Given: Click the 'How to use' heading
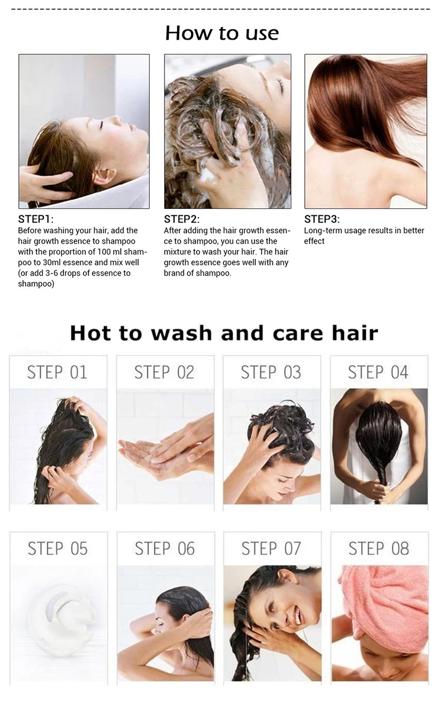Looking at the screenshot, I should click(x=222, y=33).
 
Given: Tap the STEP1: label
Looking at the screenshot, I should click(x=37, y=219).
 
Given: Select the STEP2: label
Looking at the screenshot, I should click(x=182, y=219).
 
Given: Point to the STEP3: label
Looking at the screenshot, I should click(x=322, y=219).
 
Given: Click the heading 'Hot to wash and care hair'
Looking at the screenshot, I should click(x=223, y=332).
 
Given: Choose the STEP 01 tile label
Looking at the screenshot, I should click(x=57, y=373).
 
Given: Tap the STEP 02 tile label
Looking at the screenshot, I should click(x=164, y=373).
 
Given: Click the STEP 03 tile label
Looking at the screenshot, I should click(x=271, y=373).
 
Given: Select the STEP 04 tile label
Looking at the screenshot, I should click(x=378, y=373).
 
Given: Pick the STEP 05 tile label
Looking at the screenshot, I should click(x=57, y=549).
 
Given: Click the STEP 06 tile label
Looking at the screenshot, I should click(x=165, y=549).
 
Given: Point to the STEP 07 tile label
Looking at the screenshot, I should click(x=271, y=549).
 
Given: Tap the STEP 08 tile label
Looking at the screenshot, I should click(x=379, y=549).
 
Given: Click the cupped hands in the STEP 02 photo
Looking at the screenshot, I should click(x=160, y=453).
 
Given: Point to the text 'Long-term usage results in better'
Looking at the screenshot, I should click(x=364, y=231).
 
